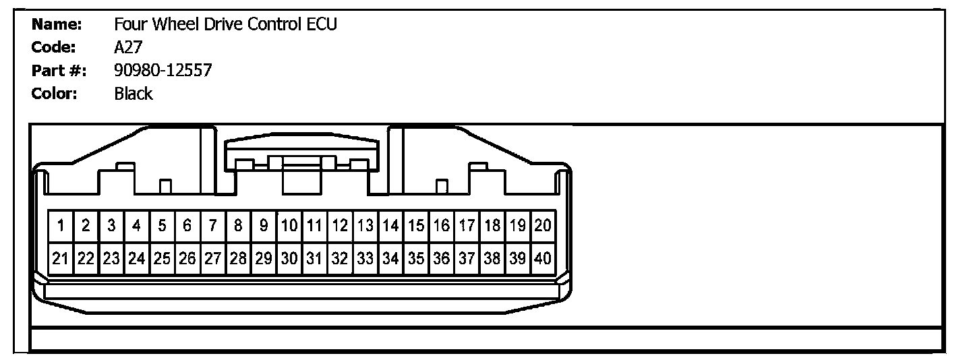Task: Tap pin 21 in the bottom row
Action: [61, 258]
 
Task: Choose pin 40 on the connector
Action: [543, 258]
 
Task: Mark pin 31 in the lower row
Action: [315, 258]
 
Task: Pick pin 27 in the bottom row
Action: [213, 258]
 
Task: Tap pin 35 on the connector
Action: [417, 258]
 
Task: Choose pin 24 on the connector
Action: [137, 258]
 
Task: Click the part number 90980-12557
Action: [163, 70]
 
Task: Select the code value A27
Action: [128, 48]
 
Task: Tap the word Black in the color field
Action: [134, 94]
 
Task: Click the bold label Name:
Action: [57, 25]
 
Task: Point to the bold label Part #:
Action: [59, 70]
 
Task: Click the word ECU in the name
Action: [322, 25]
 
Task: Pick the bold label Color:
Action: [55, 94]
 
